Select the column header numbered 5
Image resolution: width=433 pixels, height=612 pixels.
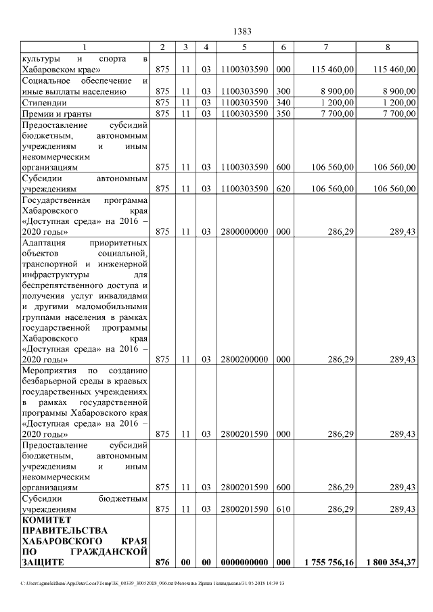244,47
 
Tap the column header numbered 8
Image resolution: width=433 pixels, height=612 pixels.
388,47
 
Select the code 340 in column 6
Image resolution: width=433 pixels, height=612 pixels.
283,102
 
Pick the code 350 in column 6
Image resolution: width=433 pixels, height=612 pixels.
283,114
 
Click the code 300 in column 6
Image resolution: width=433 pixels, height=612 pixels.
283,91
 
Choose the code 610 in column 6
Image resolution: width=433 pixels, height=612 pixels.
283,509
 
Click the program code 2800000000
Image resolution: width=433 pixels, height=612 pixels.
244,231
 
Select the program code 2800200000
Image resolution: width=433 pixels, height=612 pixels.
244,359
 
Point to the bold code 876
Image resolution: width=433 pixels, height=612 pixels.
162,562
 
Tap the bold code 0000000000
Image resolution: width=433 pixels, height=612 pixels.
244,562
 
